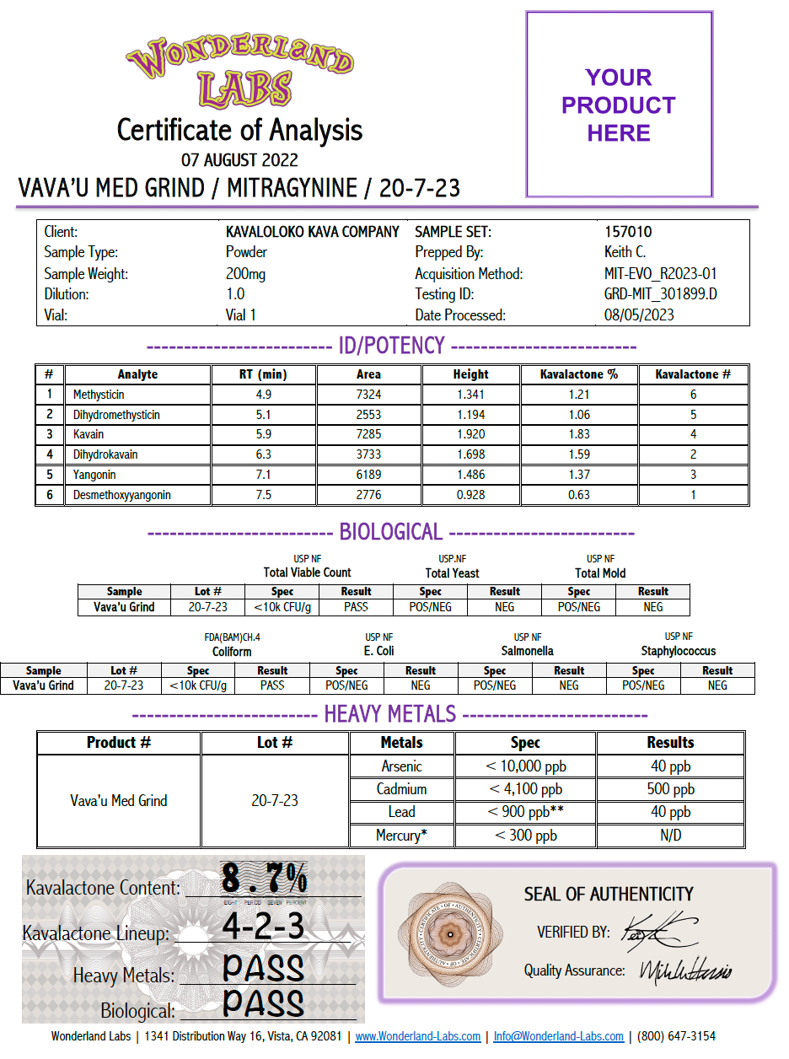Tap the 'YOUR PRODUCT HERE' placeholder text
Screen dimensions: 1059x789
(619, 105)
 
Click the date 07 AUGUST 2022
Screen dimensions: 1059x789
(239, 159)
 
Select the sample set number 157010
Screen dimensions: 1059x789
(628, 232)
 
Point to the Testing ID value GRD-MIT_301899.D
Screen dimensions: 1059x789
(655, 294)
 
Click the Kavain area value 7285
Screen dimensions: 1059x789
(368, 434)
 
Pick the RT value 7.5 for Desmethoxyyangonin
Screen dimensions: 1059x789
(263, 495)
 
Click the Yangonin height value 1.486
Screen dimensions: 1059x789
(470, 475)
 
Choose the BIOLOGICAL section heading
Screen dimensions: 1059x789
(390, 532)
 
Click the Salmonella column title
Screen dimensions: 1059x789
(528, 651)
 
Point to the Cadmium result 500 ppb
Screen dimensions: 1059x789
(670, 789)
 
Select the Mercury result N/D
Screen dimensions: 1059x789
(670, 836)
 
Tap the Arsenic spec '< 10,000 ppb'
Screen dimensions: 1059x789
(525, 766)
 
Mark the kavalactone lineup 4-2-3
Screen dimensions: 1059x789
(263, 927)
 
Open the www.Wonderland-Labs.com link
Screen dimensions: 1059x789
(417, 1036)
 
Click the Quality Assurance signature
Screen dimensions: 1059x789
(685, 972)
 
